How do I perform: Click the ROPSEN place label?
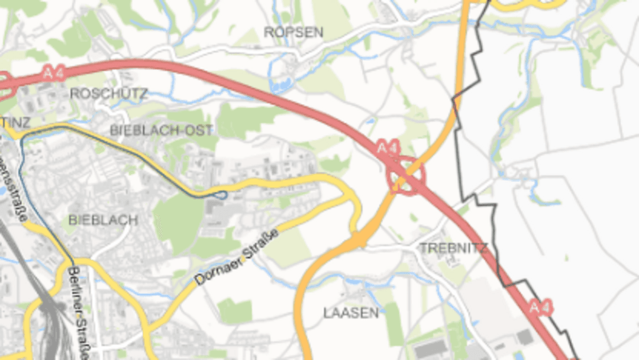point(293,33)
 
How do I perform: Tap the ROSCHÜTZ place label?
point(109,94)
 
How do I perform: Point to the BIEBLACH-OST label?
point(153,130)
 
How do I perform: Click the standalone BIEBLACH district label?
point(103,220)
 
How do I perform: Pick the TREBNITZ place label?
point(453,248)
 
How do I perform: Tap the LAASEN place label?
point(351,313)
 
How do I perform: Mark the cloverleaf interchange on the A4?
point(405,175)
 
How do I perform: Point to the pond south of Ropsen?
point(280,85)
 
